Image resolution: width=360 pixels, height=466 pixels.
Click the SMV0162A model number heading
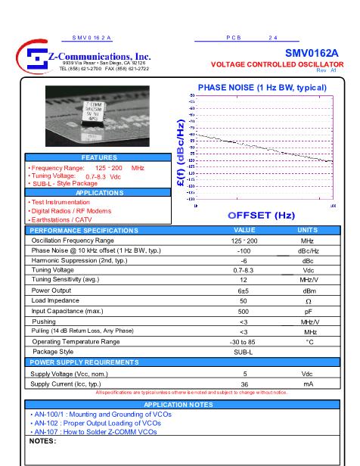pyautogui.click(x=311, y=53)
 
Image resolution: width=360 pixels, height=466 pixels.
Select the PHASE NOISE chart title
pyautogui.click(x=262, y=88)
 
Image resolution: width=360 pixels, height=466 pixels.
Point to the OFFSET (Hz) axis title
pyautogui.click(x=261, y=215)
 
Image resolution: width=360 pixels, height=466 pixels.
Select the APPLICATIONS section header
pyautogui.click(x=99, y=192)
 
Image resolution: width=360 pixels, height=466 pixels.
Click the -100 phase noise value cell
pyautogui.click(x=244, y=250)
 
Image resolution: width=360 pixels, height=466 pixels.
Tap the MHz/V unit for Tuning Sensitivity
pyautogui.click(x=308, y=279)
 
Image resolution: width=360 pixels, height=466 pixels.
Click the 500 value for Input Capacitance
pyautogui.click(x=244, y=311)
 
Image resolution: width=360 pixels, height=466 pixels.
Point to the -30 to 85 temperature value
pyautogui.click(x=244, y=342)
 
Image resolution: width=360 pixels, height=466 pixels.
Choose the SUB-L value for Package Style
pyautogui.click(x=244, y=352)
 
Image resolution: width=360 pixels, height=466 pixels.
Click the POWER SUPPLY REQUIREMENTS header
pyautogui.click(x=84, y=362)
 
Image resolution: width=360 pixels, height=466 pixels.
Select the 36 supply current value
pyautogui.click(x=244, y=384)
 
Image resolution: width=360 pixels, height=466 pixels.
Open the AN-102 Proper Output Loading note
pyautogui.click(x=93, y=423)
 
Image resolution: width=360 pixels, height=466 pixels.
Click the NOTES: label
pyautogui.click(x=43, y=440)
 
